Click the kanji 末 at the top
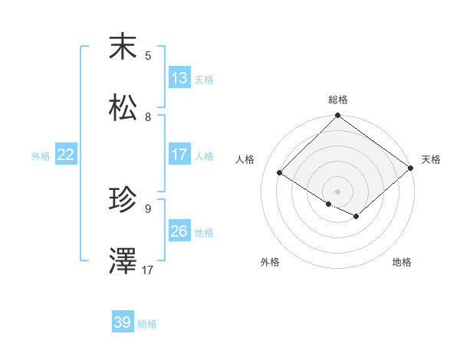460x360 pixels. click(123, 47)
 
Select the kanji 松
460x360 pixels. click(123, 108)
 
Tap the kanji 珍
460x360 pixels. click(123, 201)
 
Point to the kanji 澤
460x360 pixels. click(123, 261)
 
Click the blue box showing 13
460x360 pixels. click(179, 78)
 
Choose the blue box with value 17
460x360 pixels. click(179, 155)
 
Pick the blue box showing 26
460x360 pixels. click(179, 231)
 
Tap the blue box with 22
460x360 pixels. click(65, 155)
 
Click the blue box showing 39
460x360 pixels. click(122, 322)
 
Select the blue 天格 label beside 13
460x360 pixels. click(203, 80)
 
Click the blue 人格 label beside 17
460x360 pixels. click(203, 156)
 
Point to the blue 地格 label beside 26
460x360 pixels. click(203, 233)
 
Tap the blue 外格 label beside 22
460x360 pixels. click(41, 156)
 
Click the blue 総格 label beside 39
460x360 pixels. click(147, 324)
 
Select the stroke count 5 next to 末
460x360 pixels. click(149, 56)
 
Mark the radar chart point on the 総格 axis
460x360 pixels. click(337, 116)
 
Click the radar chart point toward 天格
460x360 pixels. click(411, 169)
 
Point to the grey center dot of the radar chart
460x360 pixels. click(337, 191)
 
